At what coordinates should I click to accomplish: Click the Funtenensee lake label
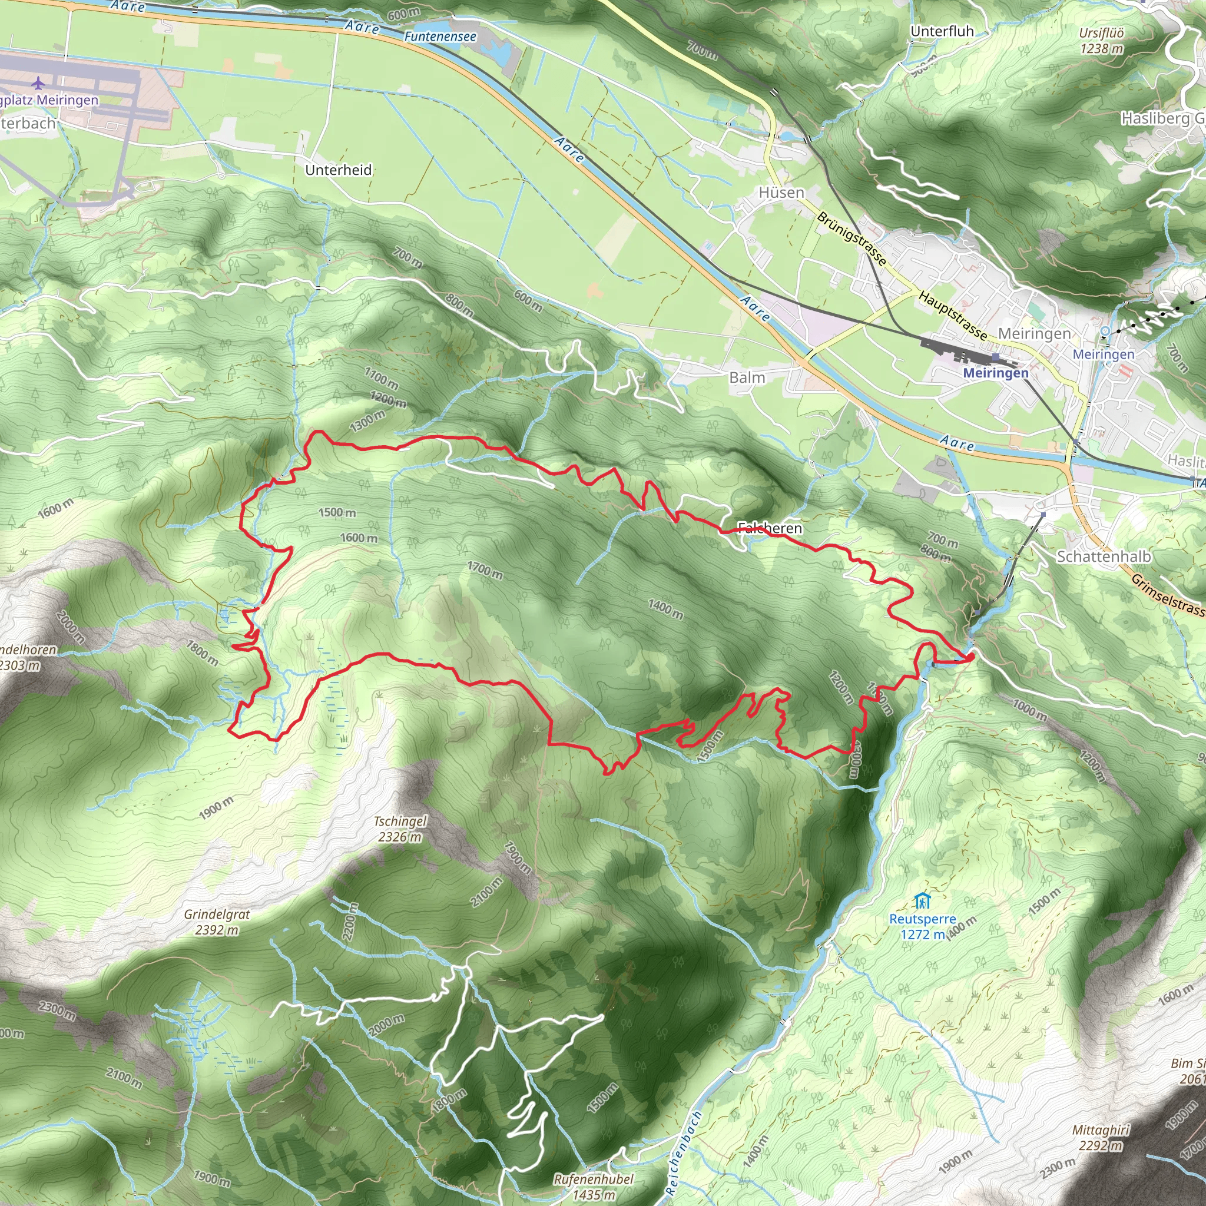[440, 37]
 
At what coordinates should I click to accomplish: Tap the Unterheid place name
[339, 170]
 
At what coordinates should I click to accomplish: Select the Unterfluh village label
[942, 31]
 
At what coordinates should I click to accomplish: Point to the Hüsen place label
[781, 193]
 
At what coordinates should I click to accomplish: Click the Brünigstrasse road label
[852, 238]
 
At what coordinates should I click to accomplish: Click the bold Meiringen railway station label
[996, 373]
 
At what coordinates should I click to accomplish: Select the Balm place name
[747, 377]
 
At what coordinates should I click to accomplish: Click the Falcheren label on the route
[770, 528]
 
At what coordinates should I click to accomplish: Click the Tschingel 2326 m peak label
[400, 829]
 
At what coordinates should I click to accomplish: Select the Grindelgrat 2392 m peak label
[217, 922]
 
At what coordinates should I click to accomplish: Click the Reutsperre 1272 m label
[923, 926]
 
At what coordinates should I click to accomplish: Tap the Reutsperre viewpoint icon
[923, 902]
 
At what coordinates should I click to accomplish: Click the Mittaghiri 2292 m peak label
[1101, 1137]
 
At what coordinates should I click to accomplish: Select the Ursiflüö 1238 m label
[1102, 41]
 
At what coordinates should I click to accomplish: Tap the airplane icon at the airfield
[38, 82]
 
